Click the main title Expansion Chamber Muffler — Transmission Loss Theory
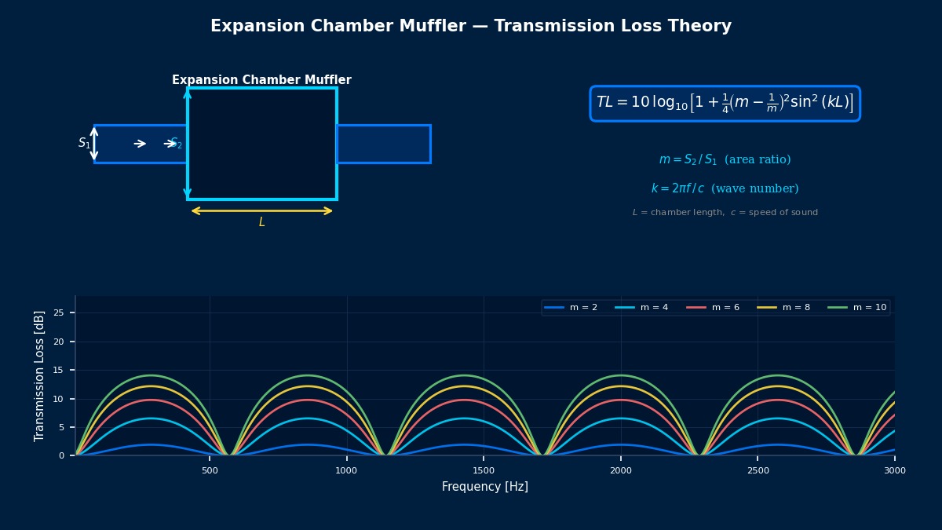[x=471, y=27]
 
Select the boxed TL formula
[x=725, y=104]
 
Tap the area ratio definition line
[x=725, y=160]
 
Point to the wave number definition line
[x=725, y=189]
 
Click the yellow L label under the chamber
[x=262, y=223]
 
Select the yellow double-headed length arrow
[x=262, y=210]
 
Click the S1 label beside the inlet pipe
[x=84, y=144]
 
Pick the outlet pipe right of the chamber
[x=383, y=144]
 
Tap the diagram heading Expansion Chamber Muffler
[x=261, y=80]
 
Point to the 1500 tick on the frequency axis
[x=484, y=470]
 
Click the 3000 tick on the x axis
[x=894, y=470]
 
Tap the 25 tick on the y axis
[x=59, y=313]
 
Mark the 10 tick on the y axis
[x=59, y=399]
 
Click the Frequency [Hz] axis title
[x=484, y=487]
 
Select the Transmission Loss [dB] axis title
[x=40, y=375]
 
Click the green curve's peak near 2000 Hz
[x=621, y=375]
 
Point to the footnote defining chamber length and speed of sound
[x=725, y=213]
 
